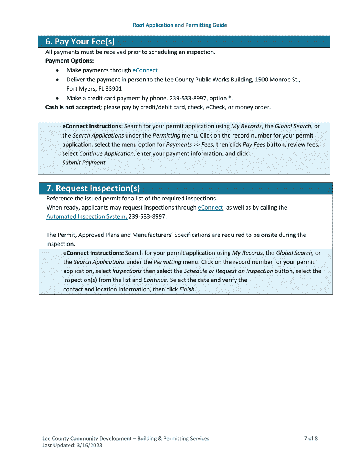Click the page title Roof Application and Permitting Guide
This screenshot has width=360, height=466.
(180, 25)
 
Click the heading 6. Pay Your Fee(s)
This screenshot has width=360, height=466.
(80, 42)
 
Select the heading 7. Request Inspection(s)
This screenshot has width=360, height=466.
(93, 188)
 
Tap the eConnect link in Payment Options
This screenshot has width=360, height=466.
(145, 70)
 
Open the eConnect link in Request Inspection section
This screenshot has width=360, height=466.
(210, 208)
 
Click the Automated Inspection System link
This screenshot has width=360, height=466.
(87, 217)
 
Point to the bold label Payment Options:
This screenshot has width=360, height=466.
(69, 61)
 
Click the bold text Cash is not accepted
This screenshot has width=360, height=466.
(72, 108)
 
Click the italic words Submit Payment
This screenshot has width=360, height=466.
(84, 163)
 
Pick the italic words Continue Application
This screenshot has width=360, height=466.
(106, 154)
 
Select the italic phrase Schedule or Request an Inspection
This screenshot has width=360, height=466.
(229, 271)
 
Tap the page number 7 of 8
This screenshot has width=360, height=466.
(311, 439)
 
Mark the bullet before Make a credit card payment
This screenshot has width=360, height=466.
(57, 99)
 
